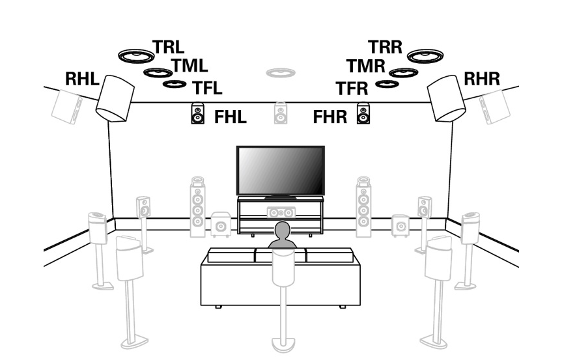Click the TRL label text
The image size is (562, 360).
168,47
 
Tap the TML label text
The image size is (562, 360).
190,65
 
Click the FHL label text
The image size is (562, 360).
231,118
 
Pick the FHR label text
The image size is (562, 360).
330,118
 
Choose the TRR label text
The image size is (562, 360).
386,47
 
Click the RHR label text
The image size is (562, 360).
481,79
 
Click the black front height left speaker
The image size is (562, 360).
197,115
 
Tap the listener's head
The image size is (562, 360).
283,230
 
